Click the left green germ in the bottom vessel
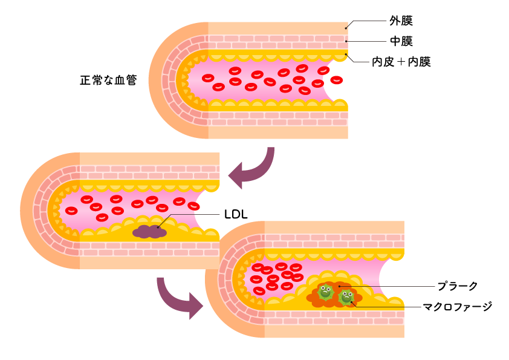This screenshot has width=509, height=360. [x=326, y=292]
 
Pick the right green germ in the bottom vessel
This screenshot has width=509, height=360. [x=346, y=296]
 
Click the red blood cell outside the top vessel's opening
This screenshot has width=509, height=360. [x=336, y=80]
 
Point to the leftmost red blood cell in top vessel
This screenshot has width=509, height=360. [x=208, y=78]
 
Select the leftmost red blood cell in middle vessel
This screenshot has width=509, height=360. [x=71, y=211]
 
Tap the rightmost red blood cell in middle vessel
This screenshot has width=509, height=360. [x=193, y=206]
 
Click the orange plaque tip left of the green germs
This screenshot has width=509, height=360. [x=311, y=298]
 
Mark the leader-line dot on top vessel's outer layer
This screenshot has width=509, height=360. [x=346, y=28]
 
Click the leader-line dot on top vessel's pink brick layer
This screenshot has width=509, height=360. [x=346, y=41]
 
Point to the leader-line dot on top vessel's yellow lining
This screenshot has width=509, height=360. [x=346, y=54]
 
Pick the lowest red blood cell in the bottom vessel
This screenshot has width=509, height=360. [x=259, y=291]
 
